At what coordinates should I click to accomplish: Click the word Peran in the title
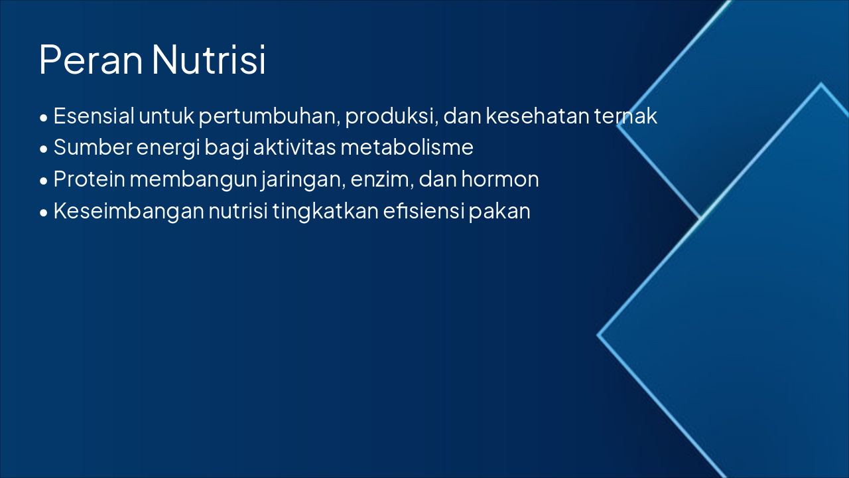91,60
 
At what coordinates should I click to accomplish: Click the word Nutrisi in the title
209,60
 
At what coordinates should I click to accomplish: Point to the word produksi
390,117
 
